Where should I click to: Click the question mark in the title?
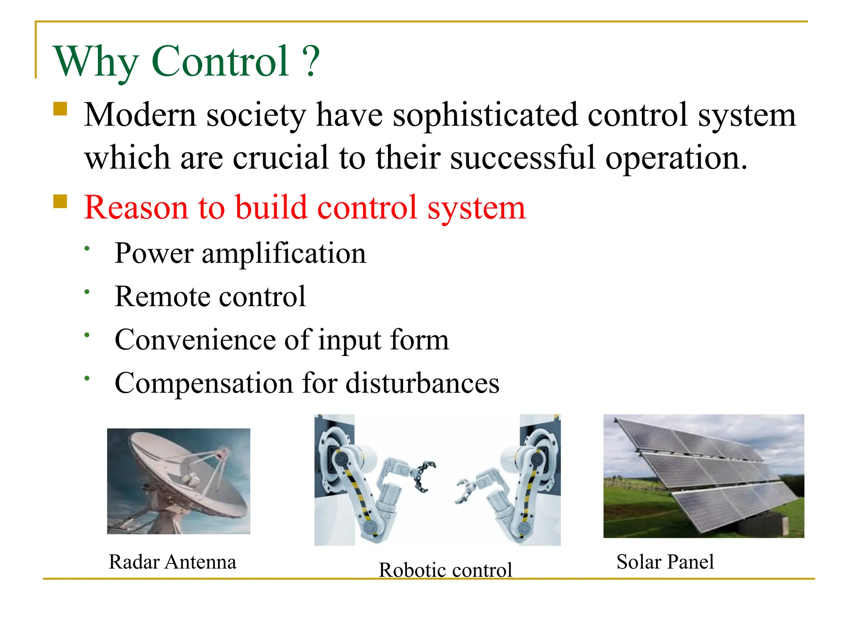point(311,62)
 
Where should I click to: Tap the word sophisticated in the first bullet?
point(485,115)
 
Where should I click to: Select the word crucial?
point(280,158)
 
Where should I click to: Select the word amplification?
point(284,253)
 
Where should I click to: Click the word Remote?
point(162,297)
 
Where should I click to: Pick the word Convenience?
point(195,340)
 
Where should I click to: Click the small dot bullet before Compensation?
point(87,378)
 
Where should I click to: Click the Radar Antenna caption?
point(172,562)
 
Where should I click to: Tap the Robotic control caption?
point(445,570)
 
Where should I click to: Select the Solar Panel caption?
point(665,562)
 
